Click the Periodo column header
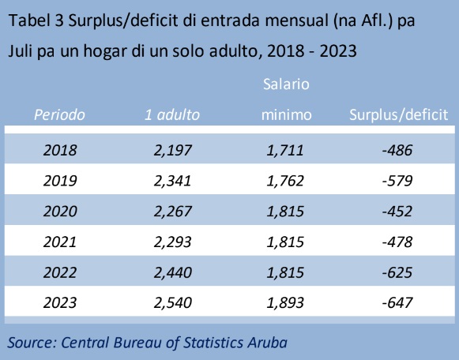(x=60, y=114)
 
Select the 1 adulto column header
(x=172, y=114)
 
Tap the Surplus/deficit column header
(x=398, y=114)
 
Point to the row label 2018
(x=60, y=150)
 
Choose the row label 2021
(x=60, y=242)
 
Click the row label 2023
(x=60, y=302)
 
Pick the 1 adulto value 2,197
(x=173, y=151)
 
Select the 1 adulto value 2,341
(x=173, y=181)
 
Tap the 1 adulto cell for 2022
(x=173, y=272)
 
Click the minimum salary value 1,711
(x=285, y=151)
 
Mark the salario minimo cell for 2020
(x=285, y=212)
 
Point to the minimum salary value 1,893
(x=285, y=303)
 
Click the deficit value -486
(x=397, y=150)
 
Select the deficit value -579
(x=397, y=181)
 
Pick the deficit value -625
(x=397, y=272)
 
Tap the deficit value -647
(x=397, y=302)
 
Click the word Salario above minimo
(x=286, y=84)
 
